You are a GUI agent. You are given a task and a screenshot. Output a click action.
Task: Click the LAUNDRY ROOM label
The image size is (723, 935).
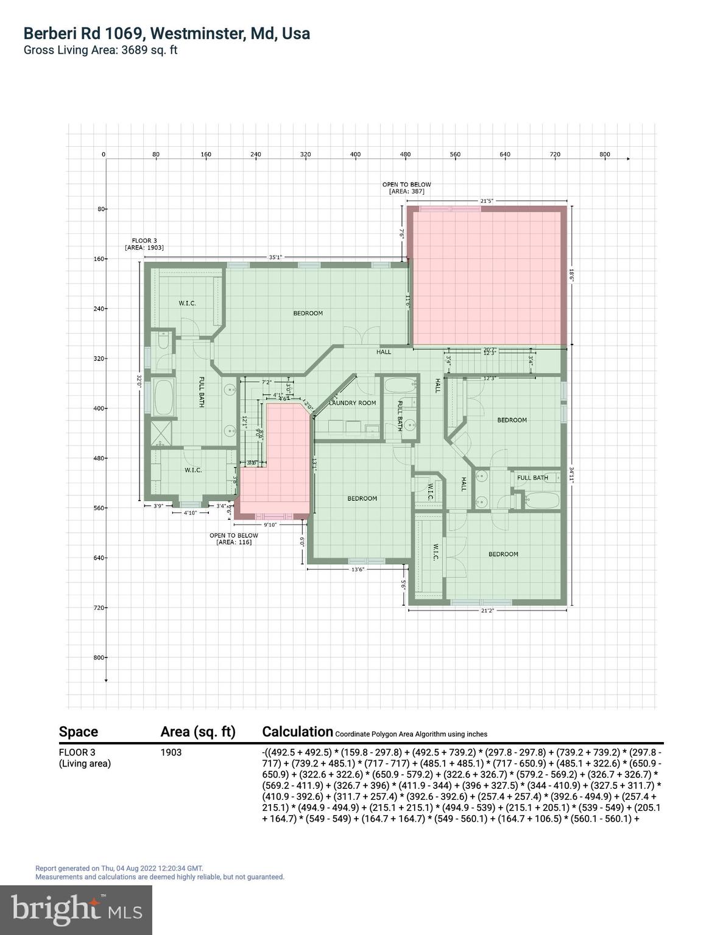353,403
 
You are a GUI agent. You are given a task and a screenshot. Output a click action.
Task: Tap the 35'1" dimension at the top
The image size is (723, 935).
275,257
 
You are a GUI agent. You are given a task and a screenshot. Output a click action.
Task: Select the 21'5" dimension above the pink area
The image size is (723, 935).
486,200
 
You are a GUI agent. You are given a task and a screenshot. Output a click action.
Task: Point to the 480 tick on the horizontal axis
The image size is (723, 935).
405,155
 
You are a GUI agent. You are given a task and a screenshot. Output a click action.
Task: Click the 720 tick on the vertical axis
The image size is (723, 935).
99,608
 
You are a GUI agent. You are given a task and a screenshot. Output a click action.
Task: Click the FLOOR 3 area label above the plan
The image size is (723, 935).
144,244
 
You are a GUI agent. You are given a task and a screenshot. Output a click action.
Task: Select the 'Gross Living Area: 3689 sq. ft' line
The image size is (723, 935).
101,51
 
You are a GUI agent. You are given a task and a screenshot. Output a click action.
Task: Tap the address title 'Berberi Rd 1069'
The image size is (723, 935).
166,33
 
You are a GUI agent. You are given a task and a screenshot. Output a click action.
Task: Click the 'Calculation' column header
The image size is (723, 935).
297,732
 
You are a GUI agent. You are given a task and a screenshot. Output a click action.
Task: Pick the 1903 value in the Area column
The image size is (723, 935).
171,752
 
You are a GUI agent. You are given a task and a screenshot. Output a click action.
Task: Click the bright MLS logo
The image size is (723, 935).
76,909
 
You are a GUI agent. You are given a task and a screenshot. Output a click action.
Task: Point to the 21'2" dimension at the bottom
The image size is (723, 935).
487,611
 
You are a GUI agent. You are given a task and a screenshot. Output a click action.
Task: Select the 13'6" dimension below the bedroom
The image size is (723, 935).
358,570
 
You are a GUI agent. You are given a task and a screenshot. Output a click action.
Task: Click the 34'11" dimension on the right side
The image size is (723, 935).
572,474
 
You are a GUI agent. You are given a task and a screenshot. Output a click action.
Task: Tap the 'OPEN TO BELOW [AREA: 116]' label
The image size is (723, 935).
234,539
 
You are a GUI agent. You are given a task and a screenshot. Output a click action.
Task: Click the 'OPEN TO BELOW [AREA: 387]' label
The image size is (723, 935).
406,187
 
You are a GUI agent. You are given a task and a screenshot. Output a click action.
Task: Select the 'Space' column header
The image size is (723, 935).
79,732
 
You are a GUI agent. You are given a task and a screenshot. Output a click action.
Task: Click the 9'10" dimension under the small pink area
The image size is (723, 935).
270,525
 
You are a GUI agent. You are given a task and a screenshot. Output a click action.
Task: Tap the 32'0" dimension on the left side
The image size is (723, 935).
139,382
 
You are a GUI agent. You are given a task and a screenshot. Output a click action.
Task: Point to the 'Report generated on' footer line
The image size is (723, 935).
119,868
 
